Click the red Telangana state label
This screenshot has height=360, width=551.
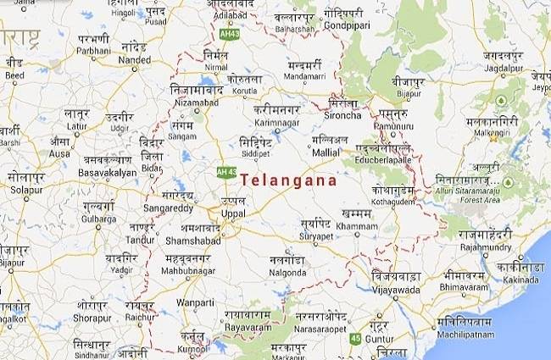[289, 180]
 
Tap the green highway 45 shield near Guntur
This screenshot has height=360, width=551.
[354, 339]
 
